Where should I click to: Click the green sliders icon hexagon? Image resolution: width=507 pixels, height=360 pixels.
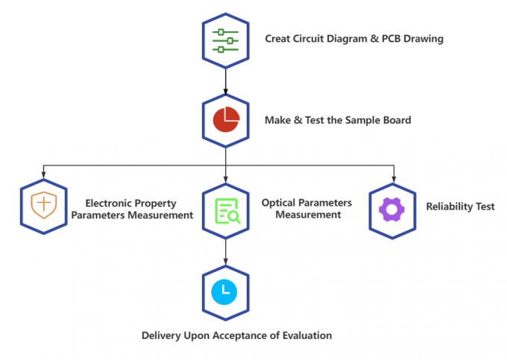(x=225, y=40)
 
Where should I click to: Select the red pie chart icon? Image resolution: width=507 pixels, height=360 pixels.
(x=225, y=119)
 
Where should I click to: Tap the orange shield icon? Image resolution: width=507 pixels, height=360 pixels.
(x=43, y=204)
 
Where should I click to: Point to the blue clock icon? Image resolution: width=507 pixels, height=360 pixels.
(x=225, y=292)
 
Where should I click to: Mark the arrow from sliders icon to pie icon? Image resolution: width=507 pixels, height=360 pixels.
(x=225, y=79)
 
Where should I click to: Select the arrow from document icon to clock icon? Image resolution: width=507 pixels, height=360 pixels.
(x=225, y=252)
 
